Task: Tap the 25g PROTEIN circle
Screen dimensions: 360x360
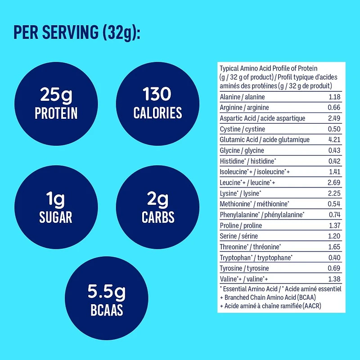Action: click(58, 103)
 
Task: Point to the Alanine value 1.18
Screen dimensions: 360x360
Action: click(334, 97)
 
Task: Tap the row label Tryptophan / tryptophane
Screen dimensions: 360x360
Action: click(256, 257)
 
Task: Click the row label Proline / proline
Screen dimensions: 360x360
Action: click(241, 225)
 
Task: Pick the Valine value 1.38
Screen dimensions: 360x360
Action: click(334, 279)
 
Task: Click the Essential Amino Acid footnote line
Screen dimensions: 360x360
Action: click(280, 288)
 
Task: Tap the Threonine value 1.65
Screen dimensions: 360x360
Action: click(334, 247)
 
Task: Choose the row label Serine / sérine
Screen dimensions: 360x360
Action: click(239, 236)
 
